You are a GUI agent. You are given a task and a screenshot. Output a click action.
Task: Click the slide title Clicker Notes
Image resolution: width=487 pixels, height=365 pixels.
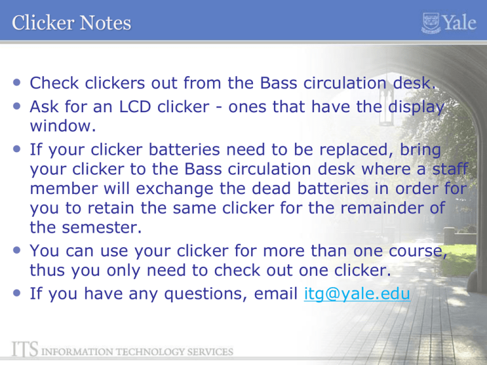click(71, 24)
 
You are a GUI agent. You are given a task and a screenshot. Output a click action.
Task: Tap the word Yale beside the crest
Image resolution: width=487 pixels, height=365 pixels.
click(459, 24)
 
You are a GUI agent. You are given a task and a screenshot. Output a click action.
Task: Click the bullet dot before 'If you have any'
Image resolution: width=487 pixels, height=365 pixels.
click(16, 293)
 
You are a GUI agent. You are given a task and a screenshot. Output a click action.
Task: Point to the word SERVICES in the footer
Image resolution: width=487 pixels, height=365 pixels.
click(211, 350)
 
